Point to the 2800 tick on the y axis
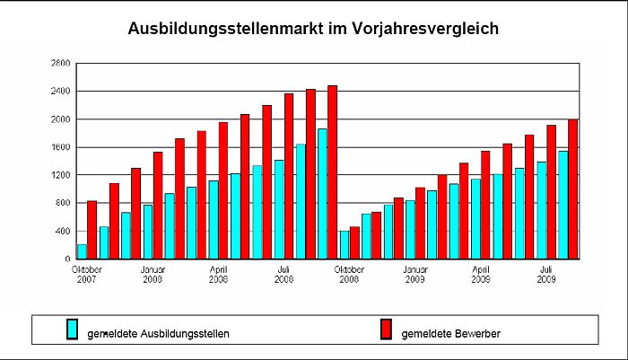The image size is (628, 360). click(59, 64)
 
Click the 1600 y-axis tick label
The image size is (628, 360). click(59, 147)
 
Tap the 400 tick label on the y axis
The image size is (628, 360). click(62, 232)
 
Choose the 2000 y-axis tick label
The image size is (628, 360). click(59, 119)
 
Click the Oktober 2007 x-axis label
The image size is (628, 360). click(87, 274)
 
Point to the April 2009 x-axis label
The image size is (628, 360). click(481, 274)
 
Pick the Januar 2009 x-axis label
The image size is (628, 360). click(414, 274)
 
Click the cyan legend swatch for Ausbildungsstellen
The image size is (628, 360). click(74, 329)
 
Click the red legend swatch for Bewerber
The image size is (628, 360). click(386, 329)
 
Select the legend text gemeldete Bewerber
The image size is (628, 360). click(450, 334)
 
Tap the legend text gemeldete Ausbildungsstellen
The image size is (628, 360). click(158, 334)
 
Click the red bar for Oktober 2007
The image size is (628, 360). click(92, 230)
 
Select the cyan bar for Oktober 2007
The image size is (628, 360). click(82, 251)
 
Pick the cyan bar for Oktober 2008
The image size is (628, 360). click(344, 245)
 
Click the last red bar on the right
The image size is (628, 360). click(572, 189)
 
